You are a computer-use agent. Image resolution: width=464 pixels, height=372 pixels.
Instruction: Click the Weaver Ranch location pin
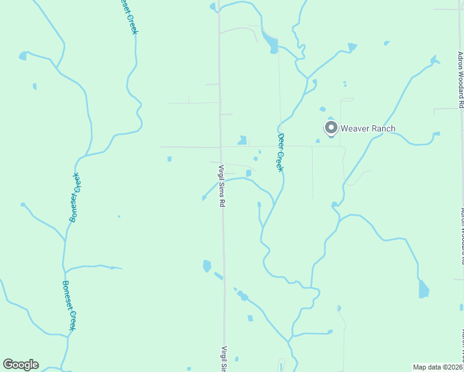331,128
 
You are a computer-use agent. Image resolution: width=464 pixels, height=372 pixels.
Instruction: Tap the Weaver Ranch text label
368,128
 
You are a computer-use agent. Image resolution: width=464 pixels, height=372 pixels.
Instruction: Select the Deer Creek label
280,152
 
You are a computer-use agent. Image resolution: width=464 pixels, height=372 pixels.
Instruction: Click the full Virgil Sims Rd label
221,185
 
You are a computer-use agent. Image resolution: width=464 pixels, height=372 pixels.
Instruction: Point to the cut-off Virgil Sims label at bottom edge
225,359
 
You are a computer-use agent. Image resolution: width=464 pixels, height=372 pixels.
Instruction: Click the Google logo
20,365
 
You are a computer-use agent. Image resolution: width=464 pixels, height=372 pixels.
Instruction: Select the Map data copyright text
438,367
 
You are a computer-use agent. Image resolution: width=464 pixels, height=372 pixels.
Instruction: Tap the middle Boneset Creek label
76,197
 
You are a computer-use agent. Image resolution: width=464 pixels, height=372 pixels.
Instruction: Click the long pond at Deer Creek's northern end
271,43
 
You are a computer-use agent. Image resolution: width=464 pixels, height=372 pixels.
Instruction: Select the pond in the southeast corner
424,289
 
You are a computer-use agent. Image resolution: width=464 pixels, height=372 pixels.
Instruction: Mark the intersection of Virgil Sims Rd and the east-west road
220,147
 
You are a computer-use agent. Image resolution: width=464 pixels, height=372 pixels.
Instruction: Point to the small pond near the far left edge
23,56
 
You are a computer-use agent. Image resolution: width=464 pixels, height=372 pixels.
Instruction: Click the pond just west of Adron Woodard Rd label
435,60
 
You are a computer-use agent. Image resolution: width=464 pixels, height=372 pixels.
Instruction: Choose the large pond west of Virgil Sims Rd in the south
207,266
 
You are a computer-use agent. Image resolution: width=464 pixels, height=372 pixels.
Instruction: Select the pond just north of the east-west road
242,141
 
